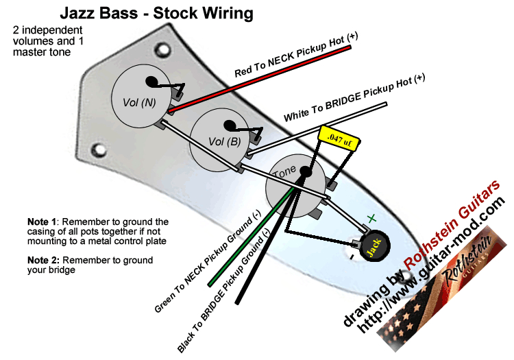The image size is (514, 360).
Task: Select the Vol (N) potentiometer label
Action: pyautogui.click(x=139, y=101)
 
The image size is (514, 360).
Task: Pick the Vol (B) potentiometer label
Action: pyautogui.click(x=223, y=142)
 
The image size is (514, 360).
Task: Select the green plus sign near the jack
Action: pyautogui.click(x=371, y=218)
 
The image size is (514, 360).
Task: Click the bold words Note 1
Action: pyautogui.click(x=42, y=222)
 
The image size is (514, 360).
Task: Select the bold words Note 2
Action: pyautogui.click(x=43, y=261)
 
